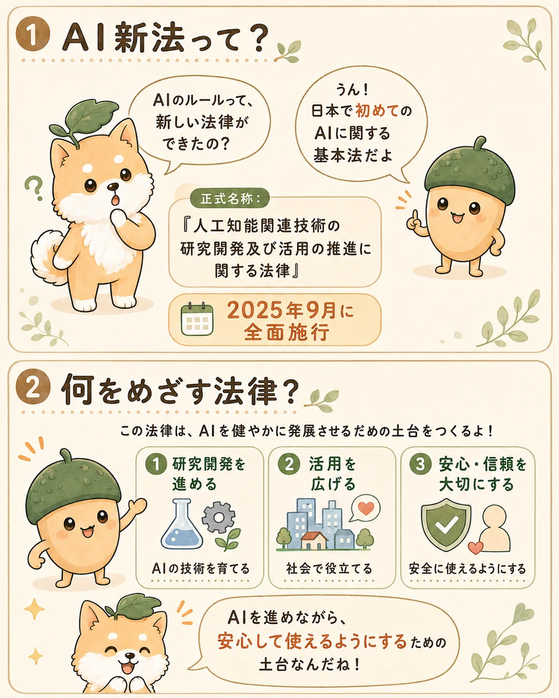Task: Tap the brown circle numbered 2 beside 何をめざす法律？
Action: [x=33, y=389]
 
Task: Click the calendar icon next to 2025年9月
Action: [x=197, y=319]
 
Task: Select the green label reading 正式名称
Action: [x=230, y=199]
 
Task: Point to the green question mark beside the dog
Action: [x=34, y=187]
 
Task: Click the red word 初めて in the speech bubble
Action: [x=376, y=111]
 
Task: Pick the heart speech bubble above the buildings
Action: [x=365, y=508]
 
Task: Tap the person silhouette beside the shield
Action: [x=495, y=528]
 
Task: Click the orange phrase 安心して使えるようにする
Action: [x=312, y=641]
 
